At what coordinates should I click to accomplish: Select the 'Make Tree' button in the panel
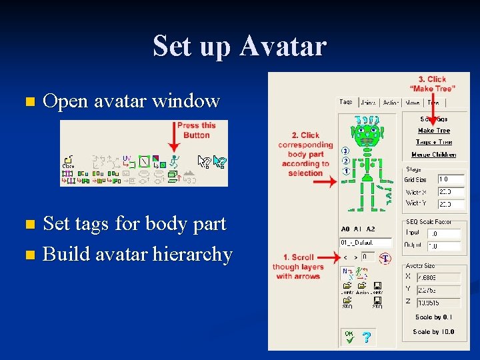click(x=434, y=131)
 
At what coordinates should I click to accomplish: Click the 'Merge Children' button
click(x=434, y=155)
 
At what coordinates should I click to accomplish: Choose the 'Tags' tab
click(x=345, y=102)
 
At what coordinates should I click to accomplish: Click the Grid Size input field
click(x=451, y=179)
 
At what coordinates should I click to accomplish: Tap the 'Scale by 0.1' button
click(x=433, y=317)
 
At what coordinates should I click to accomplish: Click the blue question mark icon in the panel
click(x=366, y=338)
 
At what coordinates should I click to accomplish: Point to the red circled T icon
click(x=385, y=258)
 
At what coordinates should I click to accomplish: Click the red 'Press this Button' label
click(x=197, y=130)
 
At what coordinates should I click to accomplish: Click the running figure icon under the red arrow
click(x=175, y=161)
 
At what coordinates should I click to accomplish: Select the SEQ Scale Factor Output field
click(x=443, y=246)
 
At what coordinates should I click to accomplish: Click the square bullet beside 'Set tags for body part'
click(x=28, y=225)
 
